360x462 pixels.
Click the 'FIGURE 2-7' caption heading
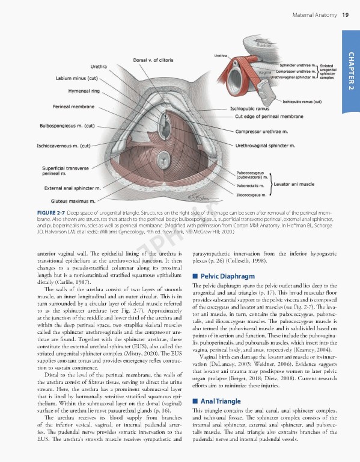point(53,212)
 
